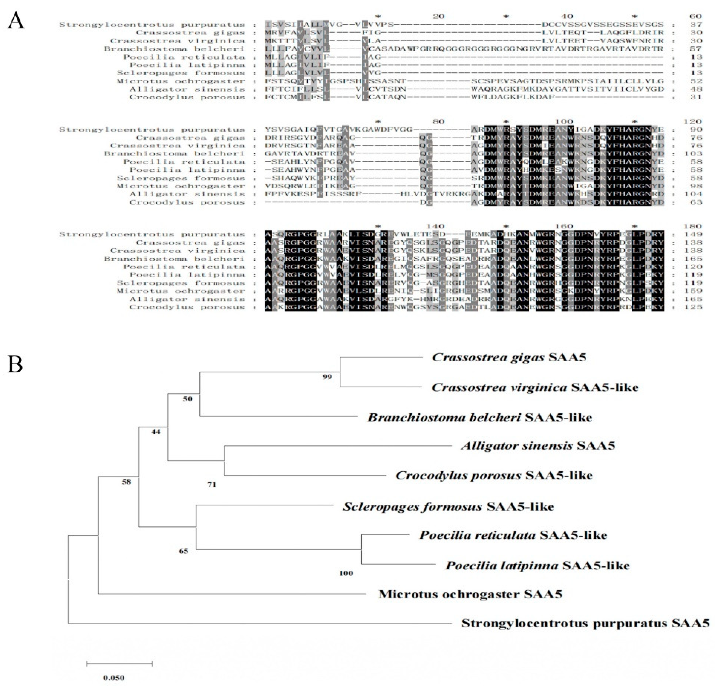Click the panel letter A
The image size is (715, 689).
click(x=16, y=20)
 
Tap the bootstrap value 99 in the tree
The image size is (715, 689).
click(x=327, y=377)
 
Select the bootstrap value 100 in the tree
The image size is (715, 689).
click(x=346, y=573)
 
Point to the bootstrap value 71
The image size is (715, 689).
click(x=212, y=485)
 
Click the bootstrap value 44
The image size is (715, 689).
click(x=156, y=432)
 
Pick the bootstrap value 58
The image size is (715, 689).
click(x=126, y=482)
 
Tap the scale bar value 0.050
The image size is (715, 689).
click(x=113, y=678)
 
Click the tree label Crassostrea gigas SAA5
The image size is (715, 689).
click(x=509, y=357)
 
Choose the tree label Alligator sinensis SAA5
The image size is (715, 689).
click(x=538, y=446)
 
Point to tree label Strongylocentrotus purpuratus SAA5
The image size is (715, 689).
click(x=585, y=623)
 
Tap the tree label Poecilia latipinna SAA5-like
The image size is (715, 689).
click(x=537, y=566)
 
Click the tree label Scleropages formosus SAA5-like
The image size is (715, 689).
click(x=448, y=507)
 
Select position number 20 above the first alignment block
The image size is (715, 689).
click(x=438, y=16)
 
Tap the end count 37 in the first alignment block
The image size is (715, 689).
click(x=696, y=25)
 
